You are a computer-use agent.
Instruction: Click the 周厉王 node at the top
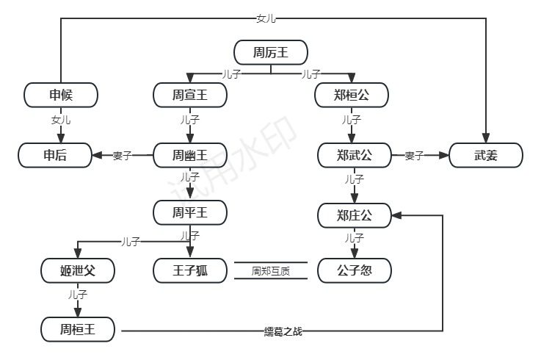coord(270,52)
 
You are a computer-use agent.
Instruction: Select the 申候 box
coord(61,95)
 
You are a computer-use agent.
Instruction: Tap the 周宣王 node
coord(190,95)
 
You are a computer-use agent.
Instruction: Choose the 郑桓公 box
coord(351,95)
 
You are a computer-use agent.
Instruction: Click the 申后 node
coord(55,155)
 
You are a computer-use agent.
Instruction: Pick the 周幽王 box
coord(190,155)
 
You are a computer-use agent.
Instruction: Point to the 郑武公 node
coord(355,155)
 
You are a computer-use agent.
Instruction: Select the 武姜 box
coord(485,155)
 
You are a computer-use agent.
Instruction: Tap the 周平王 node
coord(190,212)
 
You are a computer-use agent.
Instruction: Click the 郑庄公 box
coord(355,215)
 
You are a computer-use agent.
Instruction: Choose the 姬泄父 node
coord(78,270)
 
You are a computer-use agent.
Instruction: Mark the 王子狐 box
coord(190,270)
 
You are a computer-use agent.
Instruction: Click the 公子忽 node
coord(355,270)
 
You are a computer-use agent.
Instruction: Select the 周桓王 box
coord(78,328)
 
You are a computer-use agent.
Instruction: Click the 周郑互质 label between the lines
coord(270,271)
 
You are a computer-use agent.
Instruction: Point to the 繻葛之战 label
coord(283,331)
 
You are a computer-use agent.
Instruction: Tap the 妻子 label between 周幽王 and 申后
coord(122,156)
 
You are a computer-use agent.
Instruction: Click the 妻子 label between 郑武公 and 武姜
coord(415,156)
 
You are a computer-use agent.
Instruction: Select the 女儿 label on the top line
coord(266,18)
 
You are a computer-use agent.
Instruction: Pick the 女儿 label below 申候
coord(61,119)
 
